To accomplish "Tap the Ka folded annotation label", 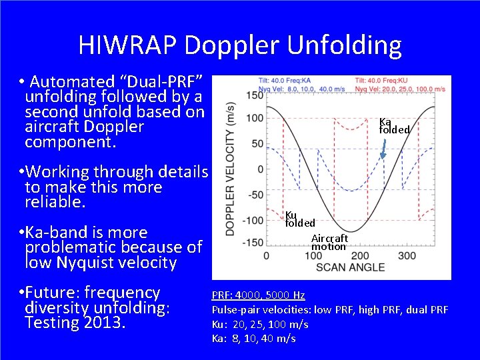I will tap(393, 125).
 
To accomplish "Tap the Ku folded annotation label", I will tap(299, 219).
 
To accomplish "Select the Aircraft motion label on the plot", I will tap(329, 242).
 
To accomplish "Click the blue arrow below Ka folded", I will tap(383, 150).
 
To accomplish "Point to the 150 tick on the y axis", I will tap(254, 95).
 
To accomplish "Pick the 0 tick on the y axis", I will tap(260, 169).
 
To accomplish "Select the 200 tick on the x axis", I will tap(359, 255).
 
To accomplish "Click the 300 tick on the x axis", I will tap(407, 255).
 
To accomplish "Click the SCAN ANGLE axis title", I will tap(350, 268).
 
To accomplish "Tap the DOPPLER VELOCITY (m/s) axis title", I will tap(229, 168).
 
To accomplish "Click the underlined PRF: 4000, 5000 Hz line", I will tap(258, 295).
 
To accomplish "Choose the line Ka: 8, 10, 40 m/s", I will tap(253, 339).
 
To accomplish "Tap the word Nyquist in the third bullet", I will tap(80, 263).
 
